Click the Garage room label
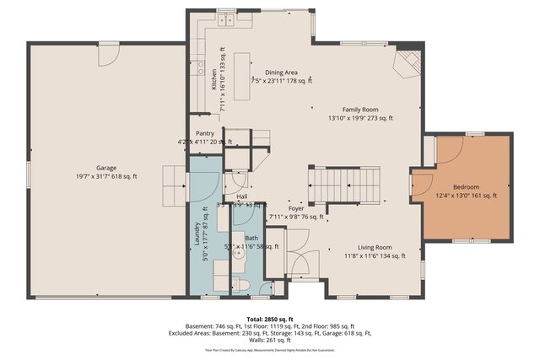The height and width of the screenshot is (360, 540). (105, 168)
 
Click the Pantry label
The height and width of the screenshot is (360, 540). (204, 133)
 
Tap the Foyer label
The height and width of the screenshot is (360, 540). (295, 207)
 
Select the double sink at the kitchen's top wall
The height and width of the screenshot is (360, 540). (226, 19)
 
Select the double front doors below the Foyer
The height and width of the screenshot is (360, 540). (298, 262)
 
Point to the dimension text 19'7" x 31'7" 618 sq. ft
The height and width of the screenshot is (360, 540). (105, 177)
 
